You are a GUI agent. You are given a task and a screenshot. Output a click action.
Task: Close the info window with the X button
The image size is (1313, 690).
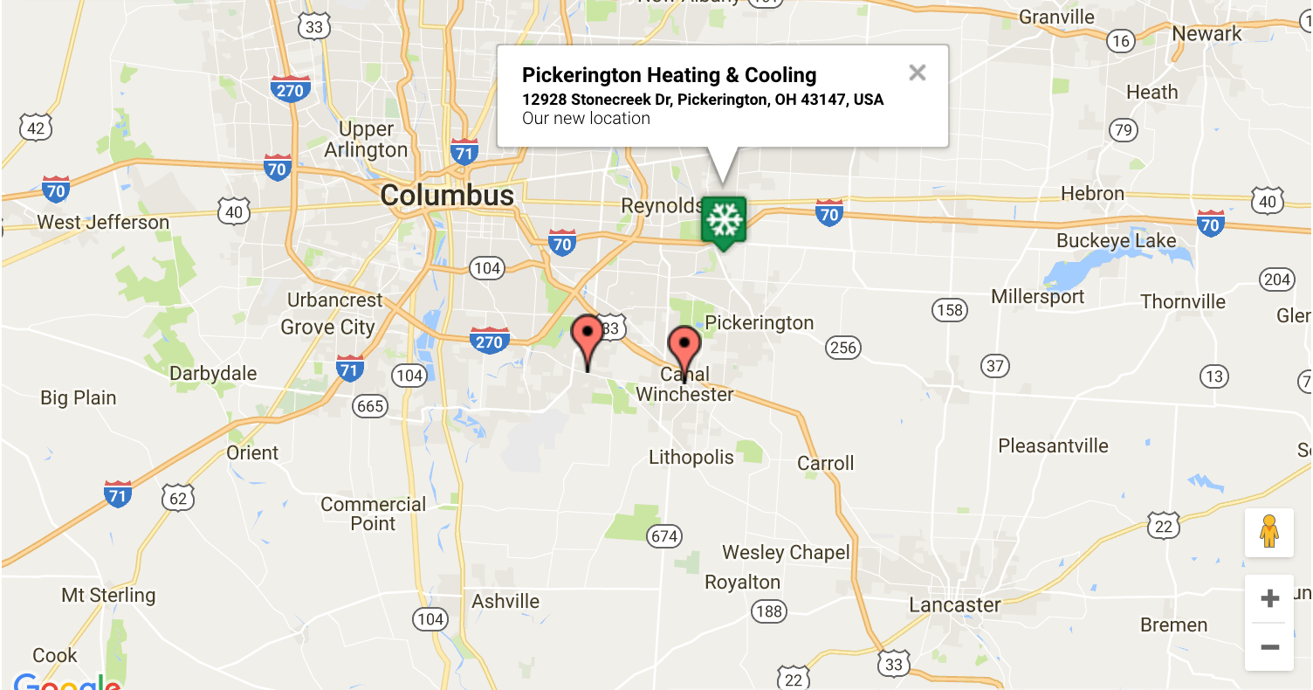pyautogui.click(x=917, y=72)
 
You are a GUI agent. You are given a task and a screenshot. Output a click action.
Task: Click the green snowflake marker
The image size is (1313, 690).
pyautogui.click(x=723, y=221)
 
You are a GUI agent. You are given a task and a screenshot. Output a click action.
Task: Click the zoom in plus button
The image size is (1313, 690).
pyautogui.click(x=1269, y=598)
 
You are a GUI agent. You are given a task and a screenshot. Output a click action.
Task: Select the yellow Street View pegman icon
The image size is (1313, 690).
pyautogui.click(x=1269, y=532)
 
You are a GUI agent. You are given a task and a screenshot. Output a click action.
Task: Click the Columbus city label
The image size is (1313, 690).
pyautogui.click(x=447, y=196)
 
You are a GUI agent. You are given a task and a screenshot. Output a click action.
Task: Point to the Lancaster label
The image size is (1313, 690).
pyautogui.click(x=955, y=605)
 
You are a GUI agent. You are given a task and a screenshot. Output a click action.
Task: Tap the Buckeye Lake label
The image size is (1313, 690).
pyautogui.click(x=1117, y=241)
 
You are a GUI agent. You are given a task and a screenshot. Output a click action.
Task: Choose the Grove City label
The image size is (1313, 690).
pyautogui.click(x=327, y=328)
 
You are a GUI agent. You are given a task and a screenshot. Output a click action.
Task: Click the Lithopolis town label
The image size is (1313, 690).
pyautogui.click(x=691, y=457)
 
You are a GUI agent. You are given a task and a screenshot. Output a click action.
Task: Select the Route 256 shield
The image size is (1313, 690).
pyautogui.click(x=843, y=348)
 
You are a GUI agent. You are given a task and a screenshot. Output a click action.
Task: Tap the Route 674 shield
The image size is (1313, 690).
pyautogui.click(x=664, y=535)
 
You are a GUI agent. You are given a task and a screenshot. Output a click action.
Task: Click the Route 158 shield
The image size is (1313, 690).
pyautogui.click(x=949, y=309)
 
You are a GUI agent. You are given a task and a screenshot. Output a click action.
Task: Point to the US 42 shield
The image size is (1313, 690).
pyautogui.click(x=36, y=129)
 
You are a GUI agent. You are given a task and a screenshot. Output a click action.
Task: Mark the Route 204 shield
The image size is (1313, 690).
pyautogui.click(x=1277, y=279)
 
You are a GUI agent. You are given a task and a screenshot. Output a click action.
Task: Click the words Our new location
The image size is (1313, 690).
pyautogui.click(x=586, y=119)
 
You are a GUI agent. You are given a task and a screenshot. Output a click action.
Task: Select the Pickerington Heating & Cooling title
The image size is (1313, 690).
pyautogui.click(x=669, y=75)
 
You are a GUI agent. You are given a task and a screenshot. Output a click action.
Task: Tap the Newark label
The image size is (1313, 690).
pyautogui.click(x=1206, y=34)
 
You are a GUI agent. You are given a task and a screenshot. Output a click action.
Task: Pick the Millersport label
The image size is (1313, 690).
pyautogui.click(x=1037, y=297)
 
